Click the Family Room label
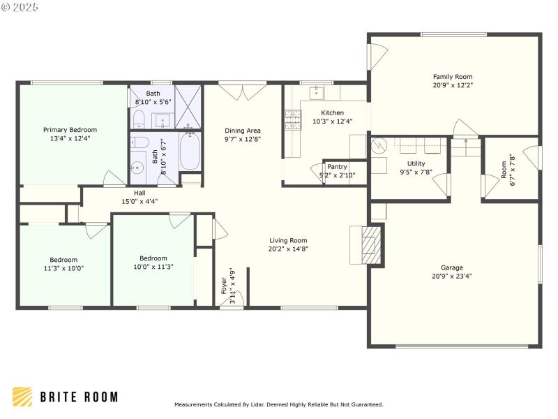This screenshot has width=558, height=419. point(453,77)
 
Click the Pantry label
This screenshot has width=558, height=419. point(337,167)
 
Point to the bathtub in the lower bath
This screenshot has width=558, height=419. point(190,151)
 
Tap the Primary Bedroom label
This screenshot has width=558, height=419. point(70,130)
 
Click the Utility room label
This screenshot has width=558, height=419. point(411,163)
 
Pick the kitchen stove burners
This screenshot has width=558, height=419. point(292,120)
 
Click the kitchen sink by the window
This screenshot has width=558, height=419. point(317,91)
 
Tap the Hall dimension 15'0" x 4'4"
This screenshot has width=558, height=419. point(140,202)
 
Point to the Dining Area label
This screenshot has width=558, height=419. point(243,131)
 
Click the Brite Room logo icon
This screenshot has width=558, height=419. point(22,397)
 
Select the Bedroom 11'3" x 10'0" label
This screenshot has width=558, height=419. point(63,260)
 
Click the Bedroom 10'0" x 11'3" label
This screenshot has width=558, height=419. point(153,258)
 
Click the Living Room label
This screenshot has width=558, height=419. point(289,240)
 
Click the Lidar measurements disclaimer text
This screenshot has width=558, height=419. point(278,404)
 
